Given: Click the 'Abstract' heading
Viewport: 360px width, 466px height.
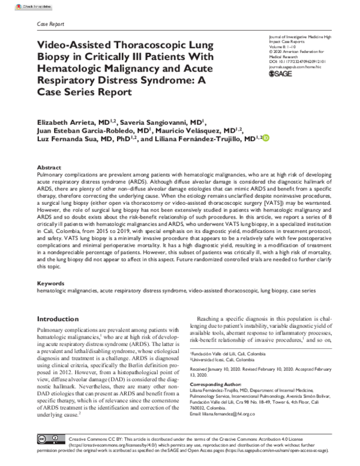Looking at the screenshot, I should click(x=49, y=167).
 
